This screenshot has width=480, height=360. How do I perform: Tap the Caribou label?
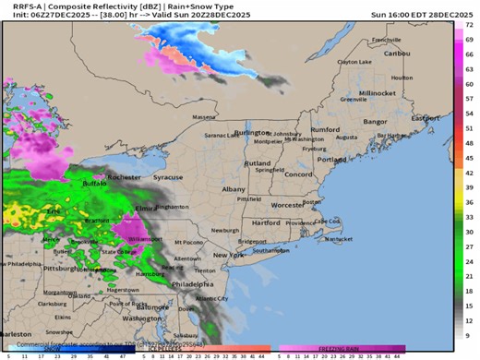[x=397, y=53]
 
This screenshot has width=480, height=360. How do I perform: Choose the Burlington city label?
[x=253, y=133]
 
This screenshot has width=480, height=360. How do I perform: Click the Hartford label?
[x=265, y=222]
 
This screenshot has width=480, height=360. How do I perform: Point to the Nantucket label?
[x=339, y=239]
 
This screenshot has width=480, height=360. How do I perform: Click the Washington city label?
[x=142, y=318]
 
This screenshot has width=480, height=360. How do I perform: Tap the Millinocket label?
[x=377, y=93]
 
